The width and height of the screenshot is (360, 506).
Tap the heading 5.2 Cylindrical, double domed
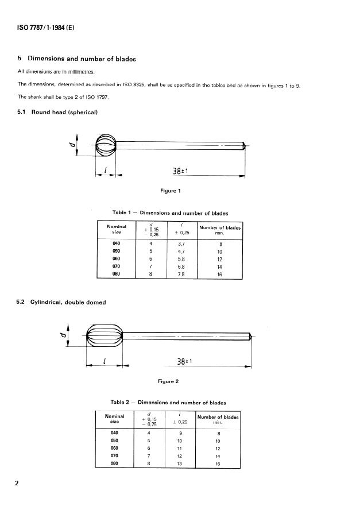[x=61, y=302]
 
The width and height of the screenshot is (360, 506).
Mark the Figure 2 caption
[x=168, y=381]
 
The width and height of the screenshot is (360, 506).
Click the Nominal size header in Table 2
[x=115, y=419]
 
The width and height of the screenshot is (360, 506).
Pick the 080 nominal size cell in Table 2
[x=114, y=462]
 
